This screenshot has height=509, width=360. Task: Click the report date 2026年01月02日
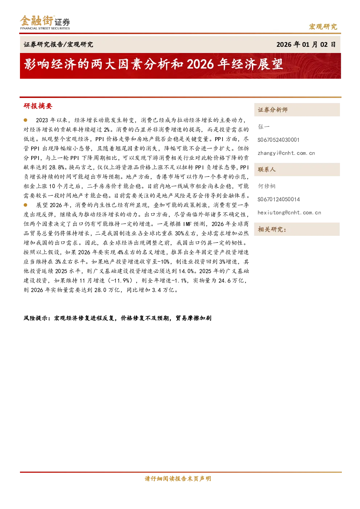pyautogui.click(x=306, y=44)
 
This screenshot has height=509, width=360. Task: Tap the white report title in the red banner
pyautogui.click(x=154, y=64)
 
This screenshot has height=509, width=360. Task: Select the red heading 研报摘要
pyautogui.click(x=38, y=106)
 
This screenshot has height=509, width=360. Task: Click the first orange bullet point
pyautogui.click(x=25, y=120)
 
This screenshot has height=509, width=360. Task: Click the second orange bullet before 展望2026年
pyautogui.click(x=25, y=205)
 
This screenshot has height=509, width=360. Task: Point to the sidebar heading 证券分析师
pyautogui.click(x=273, y=110)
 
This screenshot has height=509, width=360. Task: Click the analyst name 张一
pyautogui.click(x=263, y=127)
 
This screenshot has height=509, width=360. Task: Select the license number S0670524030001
pyautogui.click(x=278, y=140)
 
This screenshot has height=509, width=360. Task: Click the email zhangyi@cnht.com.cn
pyautogui.click(x=286, y=153)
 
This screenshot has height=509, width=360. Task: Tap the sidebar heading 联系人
pyautogui.click(x=267, y=169)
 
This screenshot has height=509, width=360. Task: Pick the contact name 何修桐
pyautogui.click(x=267, y=186)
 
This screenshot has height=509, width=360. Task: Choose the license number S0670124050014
pyautogui.click(x=279, y=199)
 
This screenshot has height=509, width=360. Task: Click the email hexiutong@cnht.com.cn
pyautogui.click(x=289, y=213)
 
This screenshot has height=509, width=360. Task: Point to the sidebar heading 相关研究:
pyautogui.click(x=272, y=229)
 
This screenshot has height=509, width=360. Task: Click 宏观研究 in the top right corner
pyautogui.click(x=323, y=26)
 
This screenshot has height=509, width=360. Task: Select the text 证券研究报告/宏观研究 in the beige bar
pyautogui.click(x=58, y=44)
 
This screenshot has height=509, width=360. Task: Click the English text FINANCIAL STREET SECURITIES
pyautogui.click(x=45, y=28)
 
